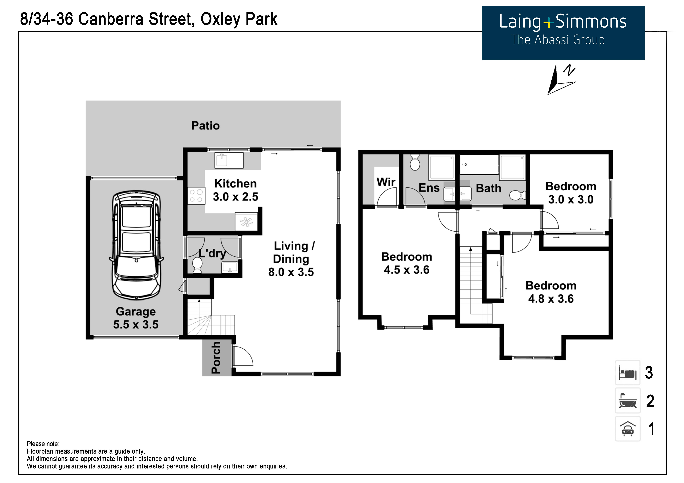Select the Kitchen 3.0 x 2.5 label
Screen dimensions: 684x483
pyautogui.click(x=235, y=190)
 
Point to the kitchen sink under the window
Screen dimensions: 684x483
pyautogui.click(x=229, y=160)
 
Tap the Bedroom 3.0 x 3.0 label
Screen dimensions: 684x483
pyautogui.click(x=571, y=193)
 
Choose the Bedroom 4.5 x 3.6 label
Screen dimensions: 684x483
pyautogui.click(x=407, y=263)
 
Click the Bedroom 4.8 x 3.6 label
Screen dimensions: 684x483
pyautogui.click(x=551, y=292)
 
